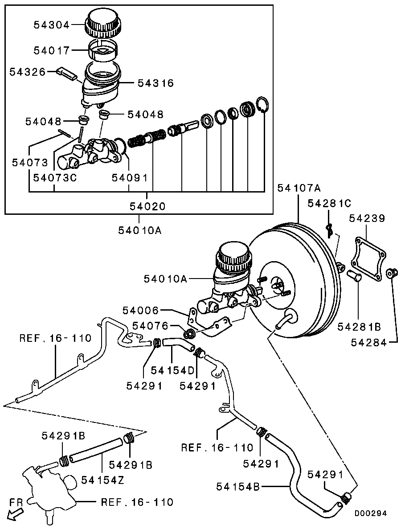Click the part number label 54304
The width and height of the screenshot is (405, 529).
point(52,25)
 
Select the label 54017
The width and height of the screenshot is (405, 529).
point(52,51)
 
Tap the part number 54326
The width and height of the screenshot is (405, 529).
point(28,71)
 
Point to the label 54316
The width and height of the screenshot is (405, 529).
point(155,83)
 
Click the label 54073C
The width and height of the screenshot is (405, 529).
point(55,178)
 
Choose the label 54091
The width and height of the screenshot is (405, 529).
point(129,178)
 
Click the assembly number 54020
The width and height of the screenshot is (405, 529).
point(147,206)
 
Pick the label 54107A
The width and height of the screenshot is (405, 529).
point(299,188)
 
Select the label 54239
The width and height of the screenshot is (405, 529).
point(367,218)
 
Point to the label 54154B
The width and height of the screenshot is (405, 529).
point(238,487)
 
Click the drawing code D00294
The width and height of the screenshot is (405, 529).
point(371,513)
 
